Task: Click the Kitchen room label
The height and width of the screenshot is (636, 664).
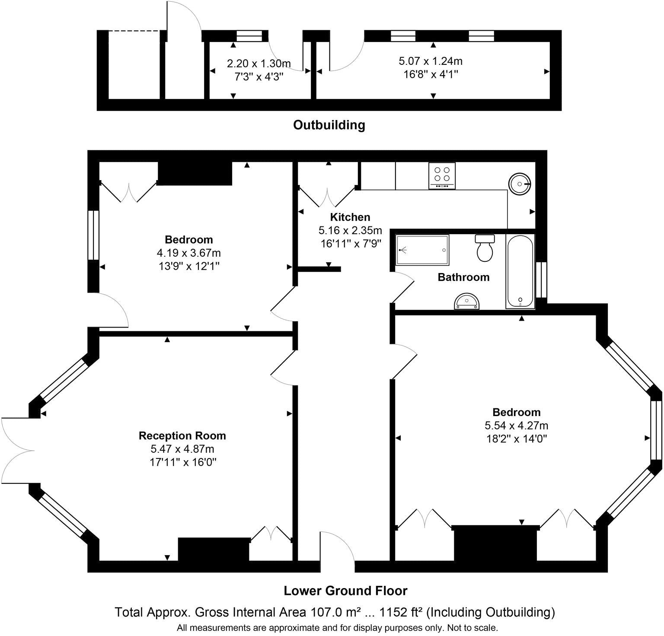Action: click(350, 217)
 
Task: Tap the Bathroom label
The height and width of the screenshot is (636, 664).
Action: click(463, 277)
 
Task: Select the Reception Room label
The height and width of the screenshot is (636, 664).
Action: click(182, 436)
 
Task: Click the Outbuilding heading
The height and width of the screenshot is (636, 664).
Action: click(329, 125)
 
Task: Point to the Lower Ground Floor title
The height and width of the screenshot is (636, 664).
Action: click(345, 591)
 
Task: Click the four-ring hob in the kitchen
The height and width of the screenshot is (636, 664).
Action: click(442, 175)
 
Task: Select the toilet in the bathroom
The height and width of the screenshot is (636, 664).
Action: click(485, 248)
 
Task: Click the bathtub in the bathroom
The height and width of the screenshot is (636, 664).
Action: click(520, 271)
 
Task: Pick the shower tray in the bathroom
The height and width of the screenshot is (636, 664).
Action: click(423, 250)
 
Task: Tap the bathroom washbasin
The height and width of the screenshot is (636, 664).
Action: click(467, 301)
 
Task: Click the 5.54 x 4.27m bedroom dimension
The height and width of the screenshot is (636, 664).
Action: click(516, 426)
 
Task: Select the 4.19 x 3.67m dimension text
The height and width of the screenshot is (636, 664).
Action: click(189, 253)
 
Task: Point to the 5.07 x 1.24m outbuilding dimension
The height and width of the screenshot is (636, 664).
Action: click(431, 61)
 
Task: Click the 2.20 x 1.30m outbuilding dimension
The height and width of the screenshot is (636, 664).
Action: click(259, 64)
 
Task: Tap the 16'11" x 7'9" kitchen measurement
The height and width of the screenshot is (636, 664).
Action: click(351, 243)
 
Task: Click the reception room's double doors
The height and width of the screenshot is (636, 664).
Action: click(17, 451)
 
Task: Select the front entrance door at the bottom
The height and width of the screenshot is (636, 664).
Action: click(337, 548)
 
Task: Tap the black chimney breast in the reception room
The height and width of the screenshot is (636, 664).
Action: click(214, 549)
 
